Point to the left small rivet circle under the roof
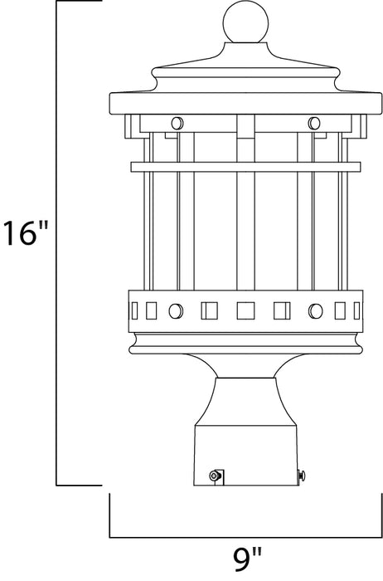coord(176,123)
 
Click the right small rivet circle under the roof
coord(313,123)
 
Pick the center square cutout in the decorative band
coord(245,311)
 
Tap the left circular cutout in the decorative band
coord(176,311)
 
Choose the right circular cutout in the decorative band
coord(314,311)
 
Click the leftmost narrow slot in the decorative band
coord(137,311)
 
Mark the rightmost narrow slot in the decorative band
coord(352,311)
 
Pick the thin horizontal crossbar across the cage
coord(245,166)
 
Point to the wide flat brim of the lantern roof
coord(245,105)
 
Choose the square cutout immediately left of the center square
coord(209,311)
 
